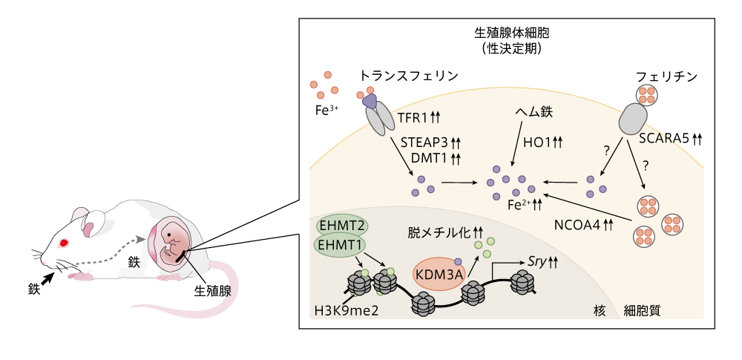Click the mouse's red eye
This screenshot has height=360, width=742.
coord(64,243)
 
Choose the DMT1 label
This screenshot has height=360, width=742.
coord(428,157)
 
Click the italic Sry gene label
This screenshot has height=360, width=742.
coord(536,261)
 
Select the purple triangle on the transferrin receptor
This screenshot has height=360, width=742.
coord(368,101)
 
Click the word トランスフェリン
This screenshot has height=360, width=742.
coord(408,76)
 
